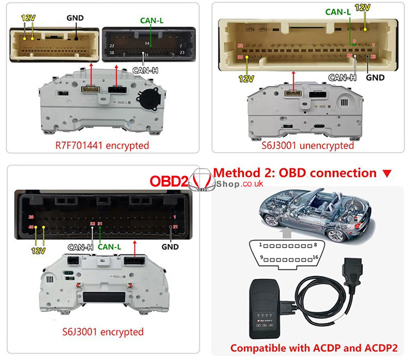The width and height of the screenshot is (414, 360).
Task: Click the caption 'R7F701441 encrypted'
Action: click(x=102, y=145)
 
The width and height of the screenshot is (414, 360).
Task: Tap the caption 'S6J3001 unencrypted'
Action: click(x=307, y=145)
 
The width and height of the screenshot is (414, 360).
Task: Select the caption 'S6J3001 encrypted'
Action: click(x=103, y=331)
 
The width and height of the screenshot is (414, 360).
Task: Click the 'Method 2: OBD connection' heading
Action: click(x=303, y=173)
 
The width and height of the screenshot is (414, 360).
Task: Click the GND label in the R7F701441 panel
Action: click(x=75, y=17)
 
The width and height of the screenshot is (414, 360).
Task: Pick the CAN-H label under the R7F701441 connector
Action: click(x=145, y=69)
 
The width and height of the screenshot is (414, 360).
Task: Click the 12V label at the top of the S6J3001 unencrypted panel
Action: click(x=364, y=8)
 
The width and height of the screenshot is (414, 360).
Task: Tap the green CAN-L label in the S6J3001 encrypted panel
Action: click(x=109, y=247)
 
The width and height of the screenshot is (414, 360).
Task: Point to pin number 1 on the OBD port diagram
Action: click(x=262, y=244)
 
